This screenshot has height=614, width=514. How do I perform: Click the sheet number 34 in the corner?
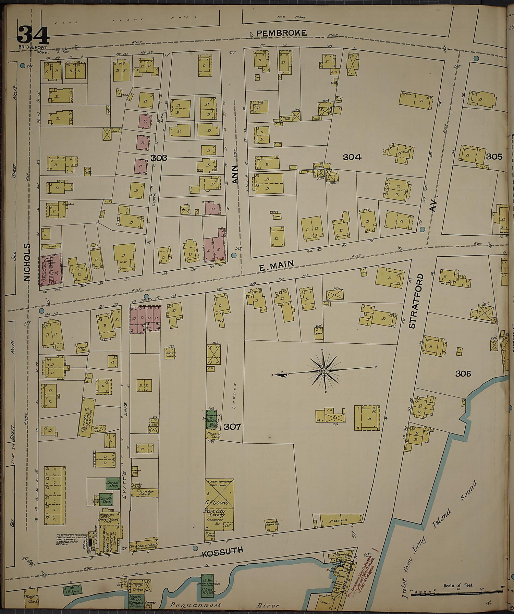pos(33,36)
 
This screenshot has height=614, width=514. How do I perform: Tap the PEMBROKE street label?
pos(281,33)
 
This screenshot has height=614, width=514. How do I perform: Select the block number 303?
pos(159,158)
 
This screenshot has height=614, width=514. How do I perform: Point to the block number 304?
pos(352,157)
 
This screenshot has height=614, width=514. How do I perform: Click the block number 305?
pos(494,157)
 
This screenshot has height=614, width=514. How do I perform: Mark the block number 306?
pos(463,373)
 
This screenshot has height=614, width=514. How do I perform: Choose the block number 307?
pos(232,427)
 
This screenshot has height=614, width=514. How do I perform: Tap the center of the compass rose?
pos(323,371)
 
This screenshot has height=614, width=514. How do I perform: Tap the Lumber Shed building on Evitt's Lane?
pos(146,493)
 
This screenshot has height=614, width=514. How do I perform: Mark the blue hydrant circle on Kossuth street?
pos(195,548)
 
